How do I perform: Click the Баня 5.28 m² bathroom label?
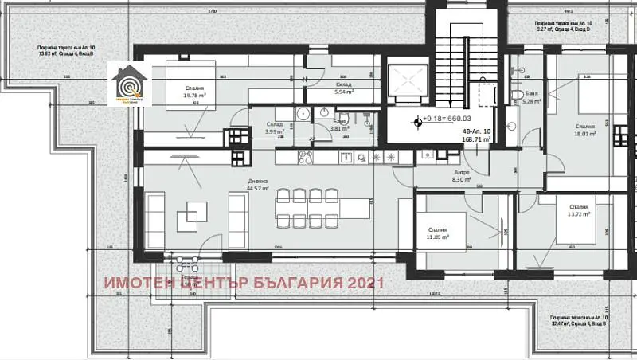click(x=532, y=98)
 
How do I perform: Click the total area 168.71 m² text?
click(x=476, y=138)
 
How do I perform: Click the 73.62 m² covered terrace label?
click(x=71, y=53)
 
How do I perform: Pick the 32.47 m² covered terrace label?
click(x=580, y=321)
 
